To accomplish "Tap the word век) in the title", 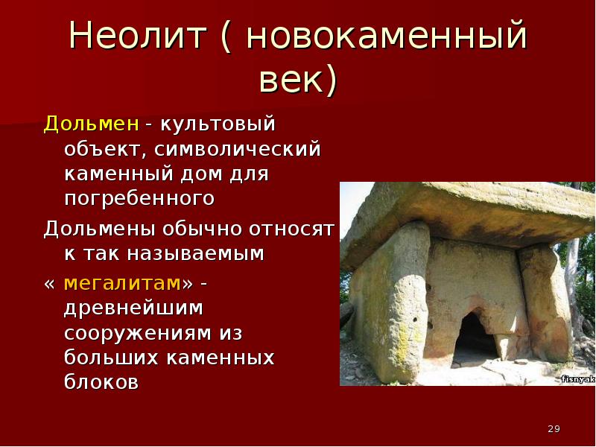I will tap(298, 79).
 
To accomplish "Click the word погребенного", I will tap(140, 200).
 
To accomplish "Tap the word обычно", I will tap(200, 226).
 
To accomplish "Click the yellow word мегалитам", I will tap(122, 283).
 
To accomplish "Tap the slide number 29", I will tap(554, 428).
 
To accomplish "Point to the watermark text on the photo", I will tap(577, 379).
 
